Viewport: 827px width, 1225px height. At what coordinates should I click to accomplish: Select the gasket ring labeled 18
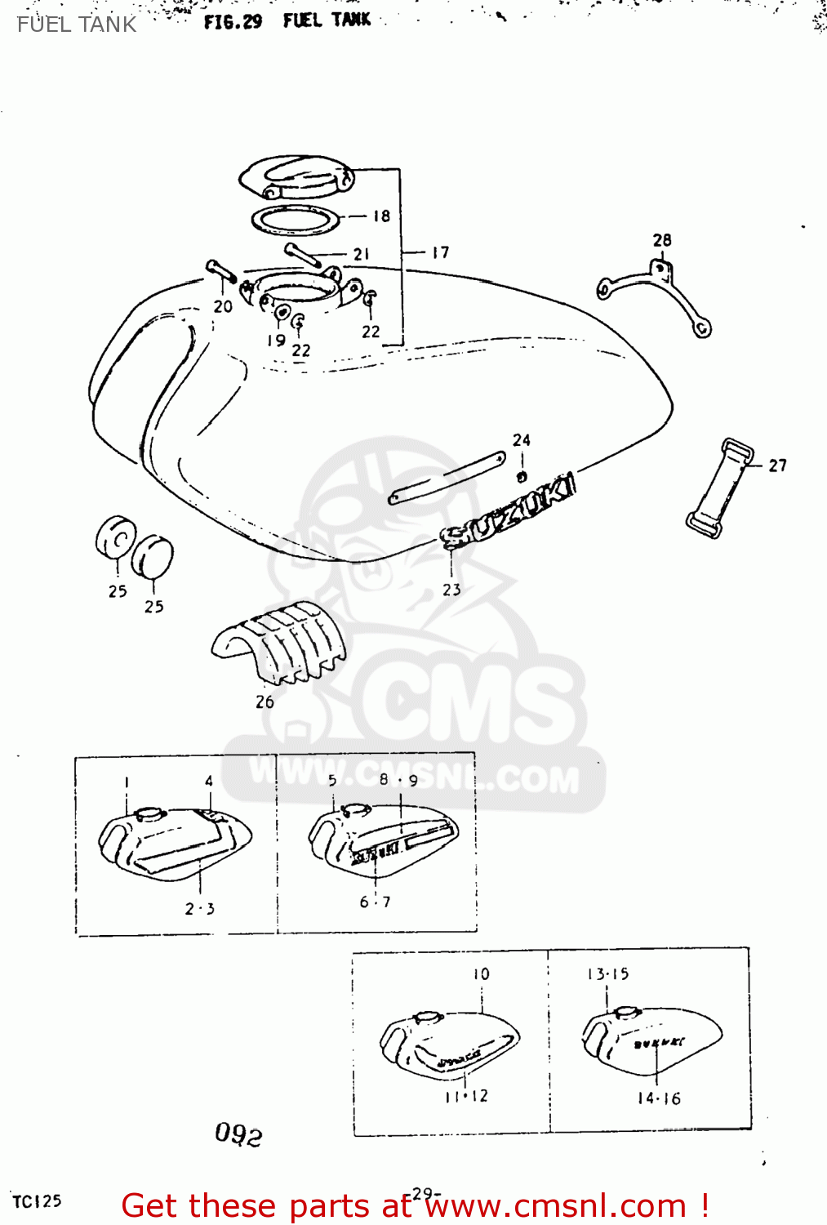[295, 220]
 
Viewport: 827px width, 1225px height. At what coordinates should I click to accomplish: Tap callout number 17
[441, 252]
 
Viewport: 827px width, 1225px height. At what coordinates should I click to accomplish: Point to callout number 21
[362, 254]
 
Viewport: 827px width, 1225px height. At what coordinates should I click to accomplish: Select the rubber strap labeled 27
[719, 488]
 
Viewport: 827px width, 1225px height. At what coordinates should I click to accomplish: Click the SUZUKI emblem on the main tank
[508, 511]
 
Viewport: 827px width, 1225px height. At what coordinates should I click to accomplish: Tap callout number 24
[522, 440]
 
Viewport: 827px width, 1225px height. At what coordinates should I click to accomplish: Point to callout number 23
[451, 590]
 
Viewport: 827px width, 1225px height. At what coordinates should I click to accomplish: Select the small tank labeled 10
[449, 1045]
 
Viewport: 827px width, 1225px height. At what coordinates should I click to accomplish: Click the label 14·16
[659, 1098]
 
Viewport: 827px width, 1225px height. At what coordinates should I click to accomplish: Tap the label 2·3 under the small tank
[199, 909]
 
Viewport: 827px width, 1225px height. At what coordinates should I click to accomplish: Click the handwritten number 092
[238, 1134]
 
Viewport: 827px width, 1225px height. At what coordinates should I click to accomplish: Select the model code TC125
[37, 1201]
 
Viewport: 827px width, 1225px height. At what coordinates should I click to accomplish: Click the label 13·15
[607, 974]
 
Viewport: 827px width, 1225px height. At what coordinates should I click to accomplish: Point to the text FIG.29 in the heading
[233, 22]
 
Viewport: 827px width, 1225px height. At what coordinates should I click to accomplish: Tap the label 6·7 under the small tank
[375, 902]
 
